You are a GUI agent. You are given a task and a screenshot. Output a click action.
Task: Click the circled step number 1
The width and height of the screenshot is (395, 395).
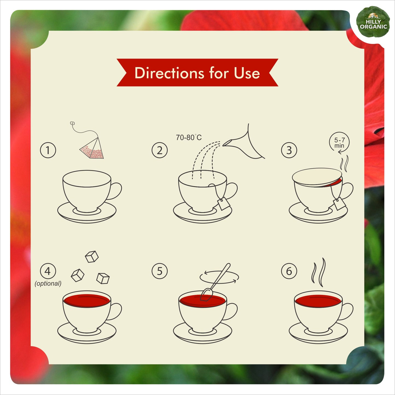[x=48, y=150]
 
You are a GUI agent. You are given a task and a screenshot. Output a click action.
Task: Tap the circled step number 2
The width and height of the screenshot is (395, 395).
[x=159, y=150]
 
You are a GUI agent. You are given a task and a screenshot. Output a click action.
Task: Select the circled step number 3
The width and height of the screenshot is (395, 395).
[x=289, y=150]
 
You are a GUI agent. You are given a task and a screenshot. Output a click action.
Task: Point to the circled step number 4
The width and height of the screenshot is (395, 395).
[x=48, y=271]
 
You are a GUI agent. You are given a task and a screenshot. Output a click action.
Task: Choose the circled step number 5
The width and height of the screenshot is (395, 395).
[x=159, y=271]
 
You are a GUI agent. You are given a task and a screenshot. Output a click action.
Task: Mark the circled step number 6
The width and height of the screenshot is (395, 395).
[x=289, y=271]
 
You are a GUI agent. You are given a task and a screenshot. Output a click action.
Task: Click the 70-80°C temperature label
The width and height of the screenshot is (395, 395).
[x=189, y=137]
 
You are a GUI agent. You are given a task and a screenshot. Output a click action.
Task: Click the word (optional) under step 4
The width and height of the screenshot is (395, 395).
[x=48, y=283]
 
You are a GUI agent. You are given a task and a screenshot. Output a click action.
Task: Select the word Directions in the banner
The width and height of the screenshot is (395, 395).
[x=169, y=73]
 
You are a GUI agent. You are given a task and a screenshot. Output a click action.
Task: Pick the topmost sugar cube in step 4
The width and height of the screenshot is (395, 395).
[x=92, y=256]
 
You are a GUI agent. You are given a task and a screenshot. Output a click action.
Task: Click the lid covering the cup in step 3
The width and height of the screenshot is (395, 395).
[x=317, y=176]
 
